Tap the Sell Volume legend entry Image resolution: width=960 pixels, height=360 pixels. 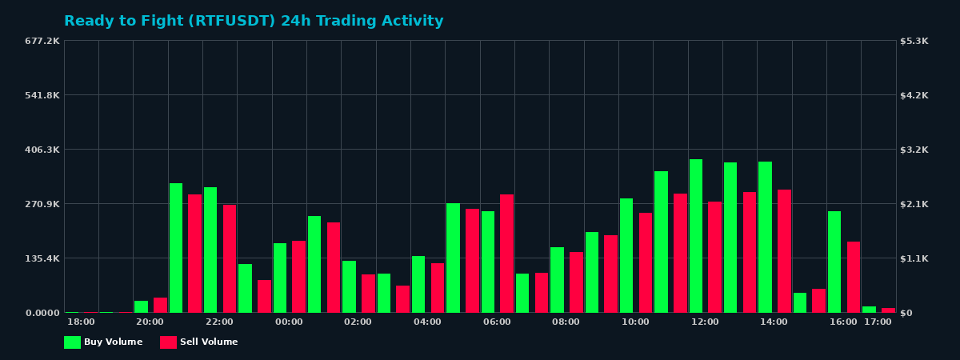coord(199,342)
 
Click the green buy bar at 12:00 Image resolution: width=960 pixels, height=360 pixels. coord(696,236)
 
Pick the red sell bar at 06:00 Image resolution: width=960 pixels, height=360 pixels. coord(506,254)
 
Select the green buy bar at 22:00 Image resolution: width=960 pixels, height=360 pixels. coord(210,250)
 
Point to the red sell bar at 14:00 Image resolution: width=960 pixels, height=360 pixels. coord(784,251)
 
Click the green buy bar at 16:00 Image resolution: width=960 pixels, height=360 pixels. coord(834,262)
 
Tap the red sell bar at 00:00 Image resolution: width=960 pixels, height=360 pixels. coord(298,277)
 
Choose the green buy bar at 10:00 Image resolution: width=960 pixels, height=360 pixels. coord(626,255)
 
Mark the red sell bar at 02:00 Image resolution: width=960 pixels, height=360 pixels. coord(368,294)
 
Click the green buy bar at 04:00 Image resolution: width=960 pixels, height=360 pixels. coord(418,284)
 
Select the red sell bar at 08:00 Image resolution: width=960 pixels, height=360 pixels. coord(576,282)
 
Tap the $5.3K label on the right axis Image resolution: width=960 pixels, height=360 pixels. coord(914,41)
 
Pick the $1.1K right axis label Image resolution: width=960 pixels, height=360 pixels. coord(914,258)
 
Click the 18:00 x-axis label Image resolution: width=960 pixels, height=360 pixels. coord(81,322)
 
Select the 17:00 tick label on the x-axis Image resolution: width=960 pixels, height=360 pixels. coord(878,322)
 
